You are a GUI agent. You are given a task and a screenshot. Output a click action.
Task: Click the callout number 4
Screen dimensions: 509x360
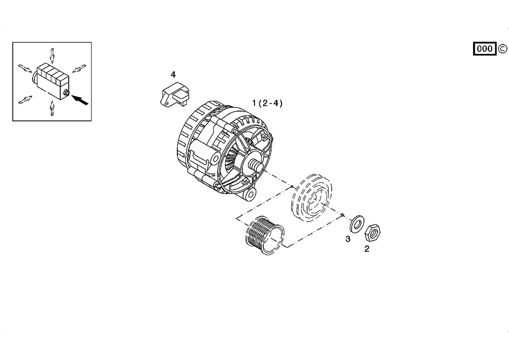[173, 75]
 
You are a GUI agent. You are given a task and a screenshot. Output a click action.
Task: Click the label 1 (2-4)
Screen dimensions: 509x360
[267, 103]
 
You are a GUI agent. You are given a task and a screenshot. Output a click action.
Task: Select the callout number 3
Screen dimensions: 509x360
[348, 239]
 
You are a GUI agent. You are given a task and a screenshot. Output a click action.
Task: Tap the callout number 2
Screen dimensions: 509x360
[367, 249]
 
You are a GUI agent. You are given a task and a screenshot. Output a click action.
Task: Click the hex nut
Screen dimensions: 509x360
[373, 232]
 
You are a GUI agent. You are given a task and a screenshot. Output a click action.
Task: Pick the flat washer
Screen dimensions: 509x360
[357, 224]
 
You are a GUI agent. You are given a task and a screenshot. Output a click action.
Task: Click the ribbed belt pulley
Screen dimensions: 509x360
[265, 235]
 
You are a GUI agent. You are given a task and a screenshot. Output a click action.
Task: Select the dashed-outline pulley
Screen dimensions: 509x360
[312, 198]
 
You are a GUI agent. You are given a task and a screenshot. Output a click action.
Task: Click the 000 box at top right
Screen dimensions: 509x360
[485, 49]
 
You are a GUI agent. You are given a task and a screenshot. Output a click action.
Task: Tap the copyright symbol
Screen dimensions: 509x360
[502, 49]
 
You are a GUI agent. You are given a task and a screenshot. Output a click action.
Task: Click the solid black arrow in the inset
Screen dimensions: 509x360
[80, 100]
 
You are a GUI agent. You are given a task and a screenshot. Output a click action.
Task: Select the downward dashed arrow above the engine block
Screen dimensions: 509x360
[52, 55]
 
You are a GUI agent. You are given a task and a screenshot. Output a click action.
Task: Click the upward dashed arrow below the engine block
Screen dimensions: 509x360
[52, 108]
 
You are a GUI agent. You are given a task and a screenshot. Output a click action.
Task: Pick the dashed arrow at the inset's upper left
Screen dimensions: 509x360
[25, 68]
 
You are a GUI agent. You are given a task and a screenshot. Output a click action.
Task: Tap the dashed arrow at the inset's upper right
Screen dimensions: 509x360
[79, 68]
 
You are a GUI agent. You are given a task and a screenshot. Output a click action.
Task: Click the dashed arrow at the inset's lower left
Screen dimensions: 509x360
[25, 100]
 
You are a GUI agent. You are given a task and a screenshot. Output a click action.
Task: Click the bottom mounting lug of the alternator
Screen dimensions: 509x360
[250, 194]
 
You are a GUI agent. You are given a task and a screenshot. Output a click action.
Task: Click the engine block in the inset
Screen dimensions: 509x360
[51, 80]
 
